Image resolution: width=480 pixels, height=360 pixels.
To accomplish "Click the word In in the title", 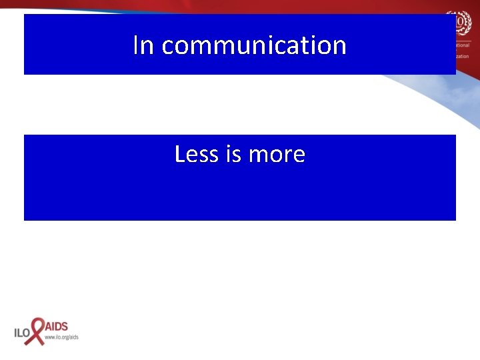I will coord(143,45).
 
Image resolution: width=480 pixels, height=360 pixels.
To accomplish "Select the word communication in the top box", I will coord(254,45).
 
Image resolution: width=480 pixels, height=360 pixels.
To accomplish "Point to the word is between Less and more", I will coord(233,154).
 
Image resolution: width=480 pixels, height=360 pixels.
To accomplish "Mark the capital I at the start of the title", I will coord(136,45).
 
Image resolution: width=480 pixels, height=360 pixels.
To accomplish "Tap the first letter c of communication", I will coord(168,47).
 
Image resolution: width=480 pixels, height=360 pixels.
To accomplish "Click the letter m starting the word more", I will coord(257,155).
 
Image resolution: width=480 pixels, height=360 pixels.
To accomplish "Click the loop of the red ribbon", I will coord(38,323).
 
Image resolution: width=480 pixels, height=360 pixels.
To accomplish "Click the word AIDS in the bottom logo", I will coord(57,327).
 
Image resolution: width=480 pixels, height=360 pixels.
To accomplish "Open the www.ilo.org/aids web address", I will coord(61,337).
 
